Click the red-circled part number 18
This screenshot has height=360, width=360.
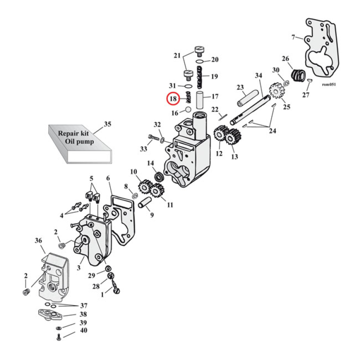pos(173,99)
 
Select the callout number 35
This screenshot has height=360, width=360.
pos(108,124)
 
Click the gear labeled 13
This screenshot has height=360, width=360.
pos(233,137)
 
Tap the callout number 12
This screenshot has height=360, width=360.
pos(219,154)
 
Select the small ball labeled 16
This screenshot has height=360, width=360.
pos(189,109)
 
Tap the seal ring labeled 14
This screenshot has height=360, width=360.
pos(159,177)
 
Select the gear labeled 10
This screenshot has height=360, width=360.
pos(144,185)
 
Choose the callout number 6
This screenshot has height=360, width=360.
pos(108,178)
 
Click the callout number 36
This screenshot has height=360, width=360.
pos(38,242)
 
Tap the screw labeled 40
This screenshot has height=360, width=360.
pos(59,337)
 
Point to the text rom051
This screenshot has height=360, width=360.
pos(329,84)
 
